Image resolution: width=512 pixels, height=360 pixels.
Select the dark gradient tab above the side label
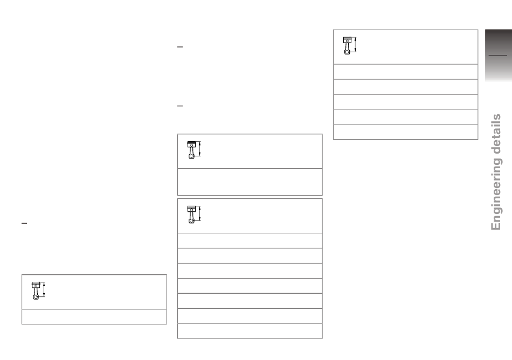pos(499,55)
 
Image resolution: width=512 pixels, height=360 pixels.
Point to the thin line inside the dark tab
pos(497,56)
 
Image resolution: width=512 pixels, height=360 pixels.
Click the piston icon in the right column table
pos(347,46)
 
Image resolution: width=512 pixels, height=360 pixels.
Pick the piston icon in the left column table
pos(36,290)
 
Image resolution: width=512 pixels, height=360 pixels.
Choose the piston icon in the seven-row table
pos(191,214)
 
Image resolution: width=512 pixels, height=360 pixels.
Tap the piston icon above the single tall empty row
pos(191,150)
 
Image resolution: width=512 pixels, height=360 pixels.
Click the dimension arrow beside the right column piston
pos(355,45)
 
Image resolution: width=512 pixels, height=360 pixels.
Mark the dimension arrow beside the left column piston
pos(44,289)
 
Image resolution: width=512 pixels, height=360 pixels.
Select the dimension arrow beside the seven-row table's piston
pos(199,213)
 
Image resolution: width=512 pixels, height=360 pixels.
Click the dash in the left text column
pos(24,223)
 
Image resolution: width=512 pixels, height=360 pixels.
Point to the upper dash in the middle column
pos(180,47)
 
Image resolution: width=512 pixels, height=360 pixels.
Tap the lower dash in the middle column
pos(180,106)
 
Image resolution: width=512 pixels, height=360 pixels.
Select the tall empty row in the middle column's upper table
pos(250,182)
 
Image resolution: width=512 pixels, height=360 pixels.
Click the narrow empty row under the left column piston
pos(94,316)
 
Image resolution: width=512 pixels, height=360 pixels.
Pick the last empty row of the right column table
pos(405,132)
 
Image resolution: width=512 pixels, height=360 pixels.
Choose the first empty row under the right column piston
pos(405,72)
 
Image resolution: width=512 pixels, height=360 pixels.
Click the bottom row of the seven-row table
pos(250,331)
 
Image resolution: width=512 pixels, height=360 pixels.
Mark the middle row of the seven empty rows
pos(250,286)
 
